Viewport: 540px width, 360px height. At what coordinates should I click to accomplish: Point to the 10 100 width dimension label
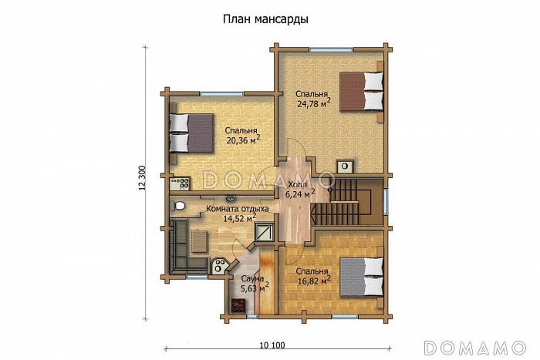click(273, 345)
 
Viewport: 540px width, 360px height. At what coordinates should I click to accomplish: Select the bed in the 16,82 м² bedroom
click(362, 276)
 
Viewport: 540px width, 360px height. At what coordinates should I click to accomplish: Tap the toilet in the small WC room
click(179, 206)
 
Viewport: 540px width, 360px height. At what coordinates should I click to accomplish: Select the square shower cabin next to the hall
click(265, 232)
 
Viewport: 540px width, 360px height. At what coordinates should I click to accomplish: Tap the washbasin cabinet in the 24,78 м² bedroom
click(346, 166)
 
